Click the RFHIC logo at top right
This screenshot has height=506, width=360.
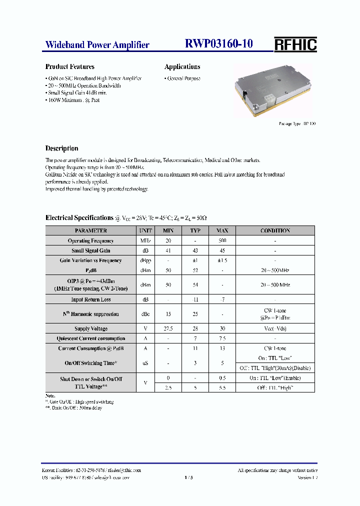[295, 44]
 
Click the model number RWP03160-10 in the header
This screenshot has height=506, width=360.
[219, 44]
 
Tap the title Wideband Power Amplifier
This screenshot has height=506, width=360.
[97, 45]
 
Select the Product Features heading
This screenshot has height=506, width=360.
[69, 66]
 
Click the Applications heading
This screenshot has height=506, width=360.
[182, 66]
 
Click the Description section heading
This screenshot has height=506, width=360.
[61, 148]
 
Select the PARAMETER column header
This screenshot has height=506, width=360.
[90, 230]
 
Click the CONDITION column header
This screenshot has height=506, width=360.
[275, 230]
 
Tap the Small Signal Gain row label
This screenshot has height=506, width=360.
[90, 250]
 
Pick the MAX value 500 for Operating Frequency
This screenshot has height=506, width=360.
[222, 240]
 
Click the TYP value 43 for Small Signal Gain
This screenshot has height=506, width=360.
[195, 250]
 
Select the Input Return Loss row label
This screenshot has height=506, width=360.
[90, 299]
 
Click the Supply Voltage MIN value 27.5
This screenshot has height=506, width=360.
[167, 328]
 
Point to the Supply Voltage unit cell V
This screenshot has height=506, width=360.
[145, 328]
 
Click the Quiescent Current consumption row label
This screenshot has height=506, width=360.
[90, 338]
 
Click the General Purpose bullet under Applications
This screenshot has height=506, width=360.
[183, 78]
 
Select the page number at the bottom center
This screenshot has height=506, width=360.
[188, 478]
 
